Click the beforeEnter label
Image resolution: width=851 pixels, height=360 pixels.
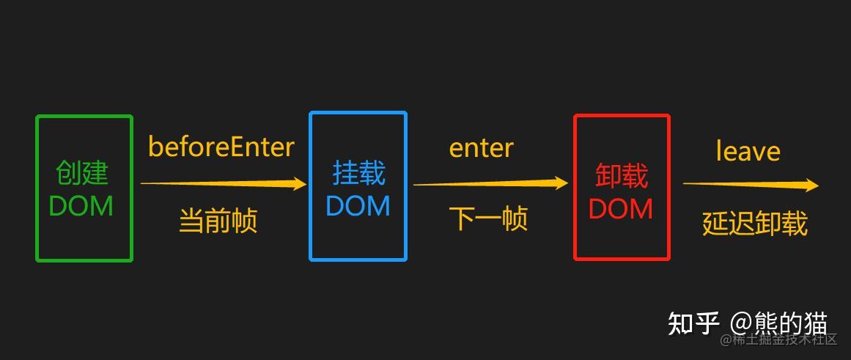(221, 147)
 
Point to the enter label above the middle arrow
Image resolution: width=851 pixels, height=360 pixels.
(481, 148)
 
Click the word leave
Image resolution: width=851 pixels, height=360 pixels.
(748, 152)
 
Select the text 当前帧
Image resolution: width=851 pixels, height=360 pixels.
(218, 220)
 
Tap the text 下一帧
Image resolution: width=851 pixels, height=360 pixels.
(488, 218)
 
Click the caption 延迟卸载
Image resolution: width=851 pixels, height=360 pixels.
(754, 223)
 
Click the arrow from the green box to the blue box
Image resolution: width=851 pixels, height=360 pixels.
(223, 184)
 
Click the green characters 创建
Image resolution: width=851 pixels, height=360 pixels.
(81, 173)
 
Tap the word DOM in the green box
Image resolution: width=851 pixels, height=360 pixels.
(81, 206)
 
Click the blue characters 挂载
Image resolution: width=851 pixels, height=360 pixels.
(358, 173)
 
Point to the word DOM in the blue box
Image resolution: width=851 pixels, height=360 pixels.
(358, 206)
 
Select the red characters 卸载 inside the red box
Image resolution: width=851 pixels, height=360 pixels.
(621, 177)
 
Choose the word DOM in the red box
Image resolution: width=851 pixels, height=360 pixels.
(621, 209)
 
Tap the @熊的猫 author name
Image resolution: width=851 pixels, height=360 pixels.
(778, 323)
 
